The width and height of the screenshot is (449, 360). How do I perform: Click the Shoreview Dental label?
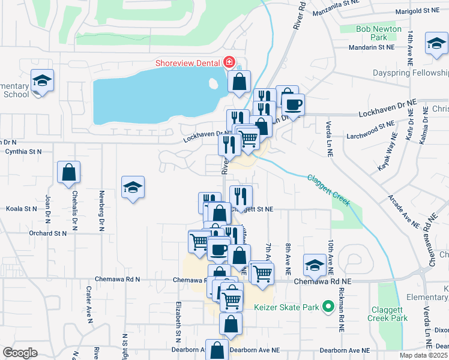[x=187, y=62]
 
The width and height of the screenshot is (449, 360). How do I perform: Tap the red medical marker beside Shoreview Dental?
[x=228, y=62]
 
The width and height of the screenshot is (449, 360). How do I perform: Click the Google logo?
[x=20, y=353]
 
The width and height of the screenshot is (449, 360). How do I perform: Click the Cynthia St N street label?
[x=23, y=152]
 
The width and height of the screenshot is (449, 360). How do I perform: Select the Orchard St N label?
[x=46, y=233]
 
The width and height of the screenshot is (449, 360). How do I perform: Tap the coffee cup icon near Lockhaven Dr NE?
[x=294, y=104]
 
